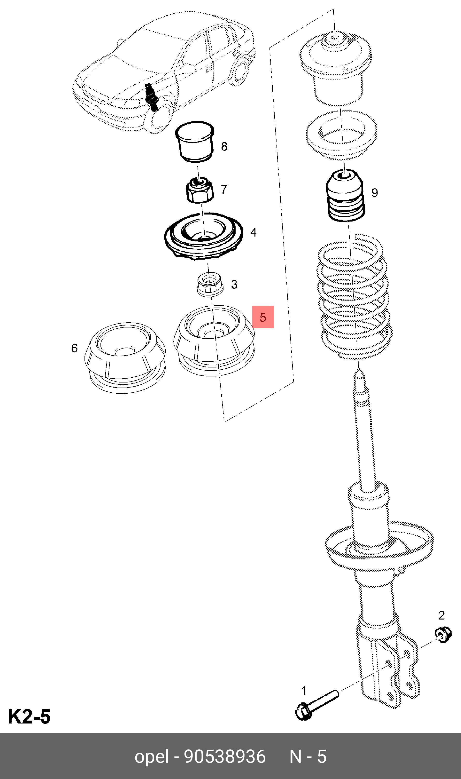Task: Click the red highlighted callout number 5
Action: pyautogui.click(x=263, y=317)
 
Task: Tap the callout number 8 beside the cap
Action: pyautogui.click(x=224, y=146)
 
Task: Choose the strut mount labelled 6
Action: pyautogui.click(x=125, y=358)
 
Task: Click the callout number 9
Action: pyautogui.click(x=375, y=193)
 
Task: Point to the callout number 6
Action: pyautogui.click(x=74, y=348)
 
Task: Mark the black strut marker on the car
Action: pyautogui.click(x=151, y=97)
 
